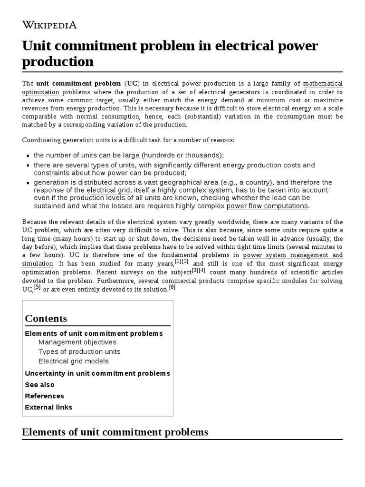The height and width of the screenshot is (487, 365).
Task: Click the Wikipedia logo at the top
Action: [x=49, y=25]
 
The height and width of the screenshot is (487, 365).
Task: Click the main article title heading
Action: [x=170, y=54]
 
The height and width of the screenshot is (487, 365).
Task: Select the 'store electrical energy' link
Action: [x=279, y=108]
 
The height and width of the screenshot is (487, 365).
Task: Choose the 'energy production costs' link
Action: [x=261, y=165]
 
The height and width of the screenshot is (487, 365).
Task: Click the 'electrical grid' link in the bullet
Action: [x=108, y=190]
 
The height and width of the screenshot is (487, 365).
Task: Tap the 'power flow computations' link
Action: [x=268, y=206]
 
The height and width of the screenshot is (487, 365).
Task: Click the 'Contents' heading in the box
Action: [x=46, y=318]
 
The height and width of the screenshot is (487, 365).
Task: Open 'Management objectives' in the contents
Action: [x=77, y=342]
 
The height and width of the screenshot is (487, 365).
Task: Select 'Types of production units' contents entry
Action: [x=79, y=351]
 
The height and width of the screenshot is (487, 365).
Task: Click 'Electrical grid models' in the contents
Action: [x=74, y=361]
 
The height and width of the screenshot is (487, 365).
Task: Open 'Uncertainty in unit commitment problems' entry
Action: [x=97, y=373]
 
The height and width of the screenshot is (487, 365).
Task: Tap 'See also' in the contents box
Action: [x=39, y=384]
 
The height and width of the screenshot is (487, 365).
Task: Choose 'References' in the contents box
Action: [x=44, y=396]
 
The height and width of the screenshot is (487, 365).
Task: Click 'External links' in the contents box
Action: [x=48, y=407]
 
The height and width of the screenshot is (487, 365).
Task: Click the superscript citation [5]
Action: [x=37, y=287]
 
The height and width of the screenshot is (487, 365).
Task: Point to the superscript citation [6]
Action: [x=172, y=287]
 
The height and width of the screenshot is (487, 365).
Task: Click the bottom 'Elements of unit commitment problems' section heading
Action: [x=115, y=432]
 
